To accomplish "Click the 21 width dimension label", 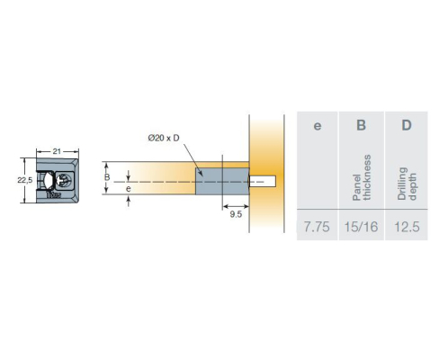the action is point(57,151).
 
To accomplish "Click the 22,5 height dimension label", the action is point(25,180).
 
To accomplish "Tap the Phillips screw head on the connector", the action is point(65,180).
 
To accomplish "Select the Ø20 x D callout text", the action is point(164,138).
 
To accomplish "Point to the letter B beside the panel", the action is point(107,177).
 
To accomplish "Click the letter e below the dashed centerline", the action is point(129,189).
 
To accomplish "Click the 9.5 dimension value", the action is point(236,214).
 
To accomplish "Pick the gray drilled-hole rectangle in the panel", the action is point(222,181).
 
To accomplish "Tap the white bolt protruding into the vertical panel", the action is point(263,181).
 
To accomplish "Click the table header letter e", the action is point(318,125).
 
